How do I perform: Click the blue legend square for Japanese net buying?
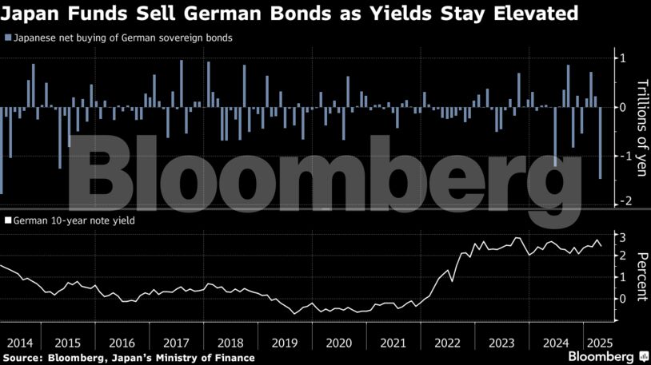click(x=7, y=38)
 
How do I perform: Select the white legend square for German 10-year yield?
click(x=7, y=219)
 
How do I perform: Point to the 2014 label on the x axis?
click(x=18, y=343)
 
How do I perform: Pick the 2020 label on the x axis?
click(x=338, y=343)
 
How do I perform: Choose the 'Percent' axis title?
click(x=641, y=276)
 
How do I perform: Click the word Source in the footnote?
click(x=23, y=358)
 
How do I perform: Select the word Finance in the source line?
click(x=233, y=358)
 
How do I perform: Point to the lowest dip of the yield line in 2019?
click(x=294, y=313)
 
